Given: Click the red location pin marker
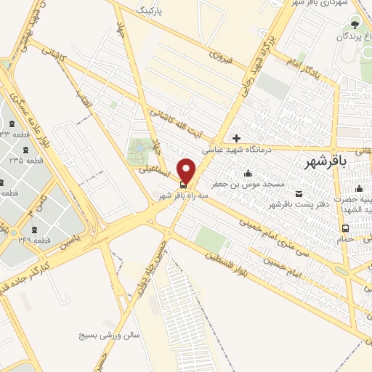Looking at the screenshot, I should tap(187, 171).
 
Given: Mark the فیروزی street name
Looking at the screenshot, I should tap(219, 54).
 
